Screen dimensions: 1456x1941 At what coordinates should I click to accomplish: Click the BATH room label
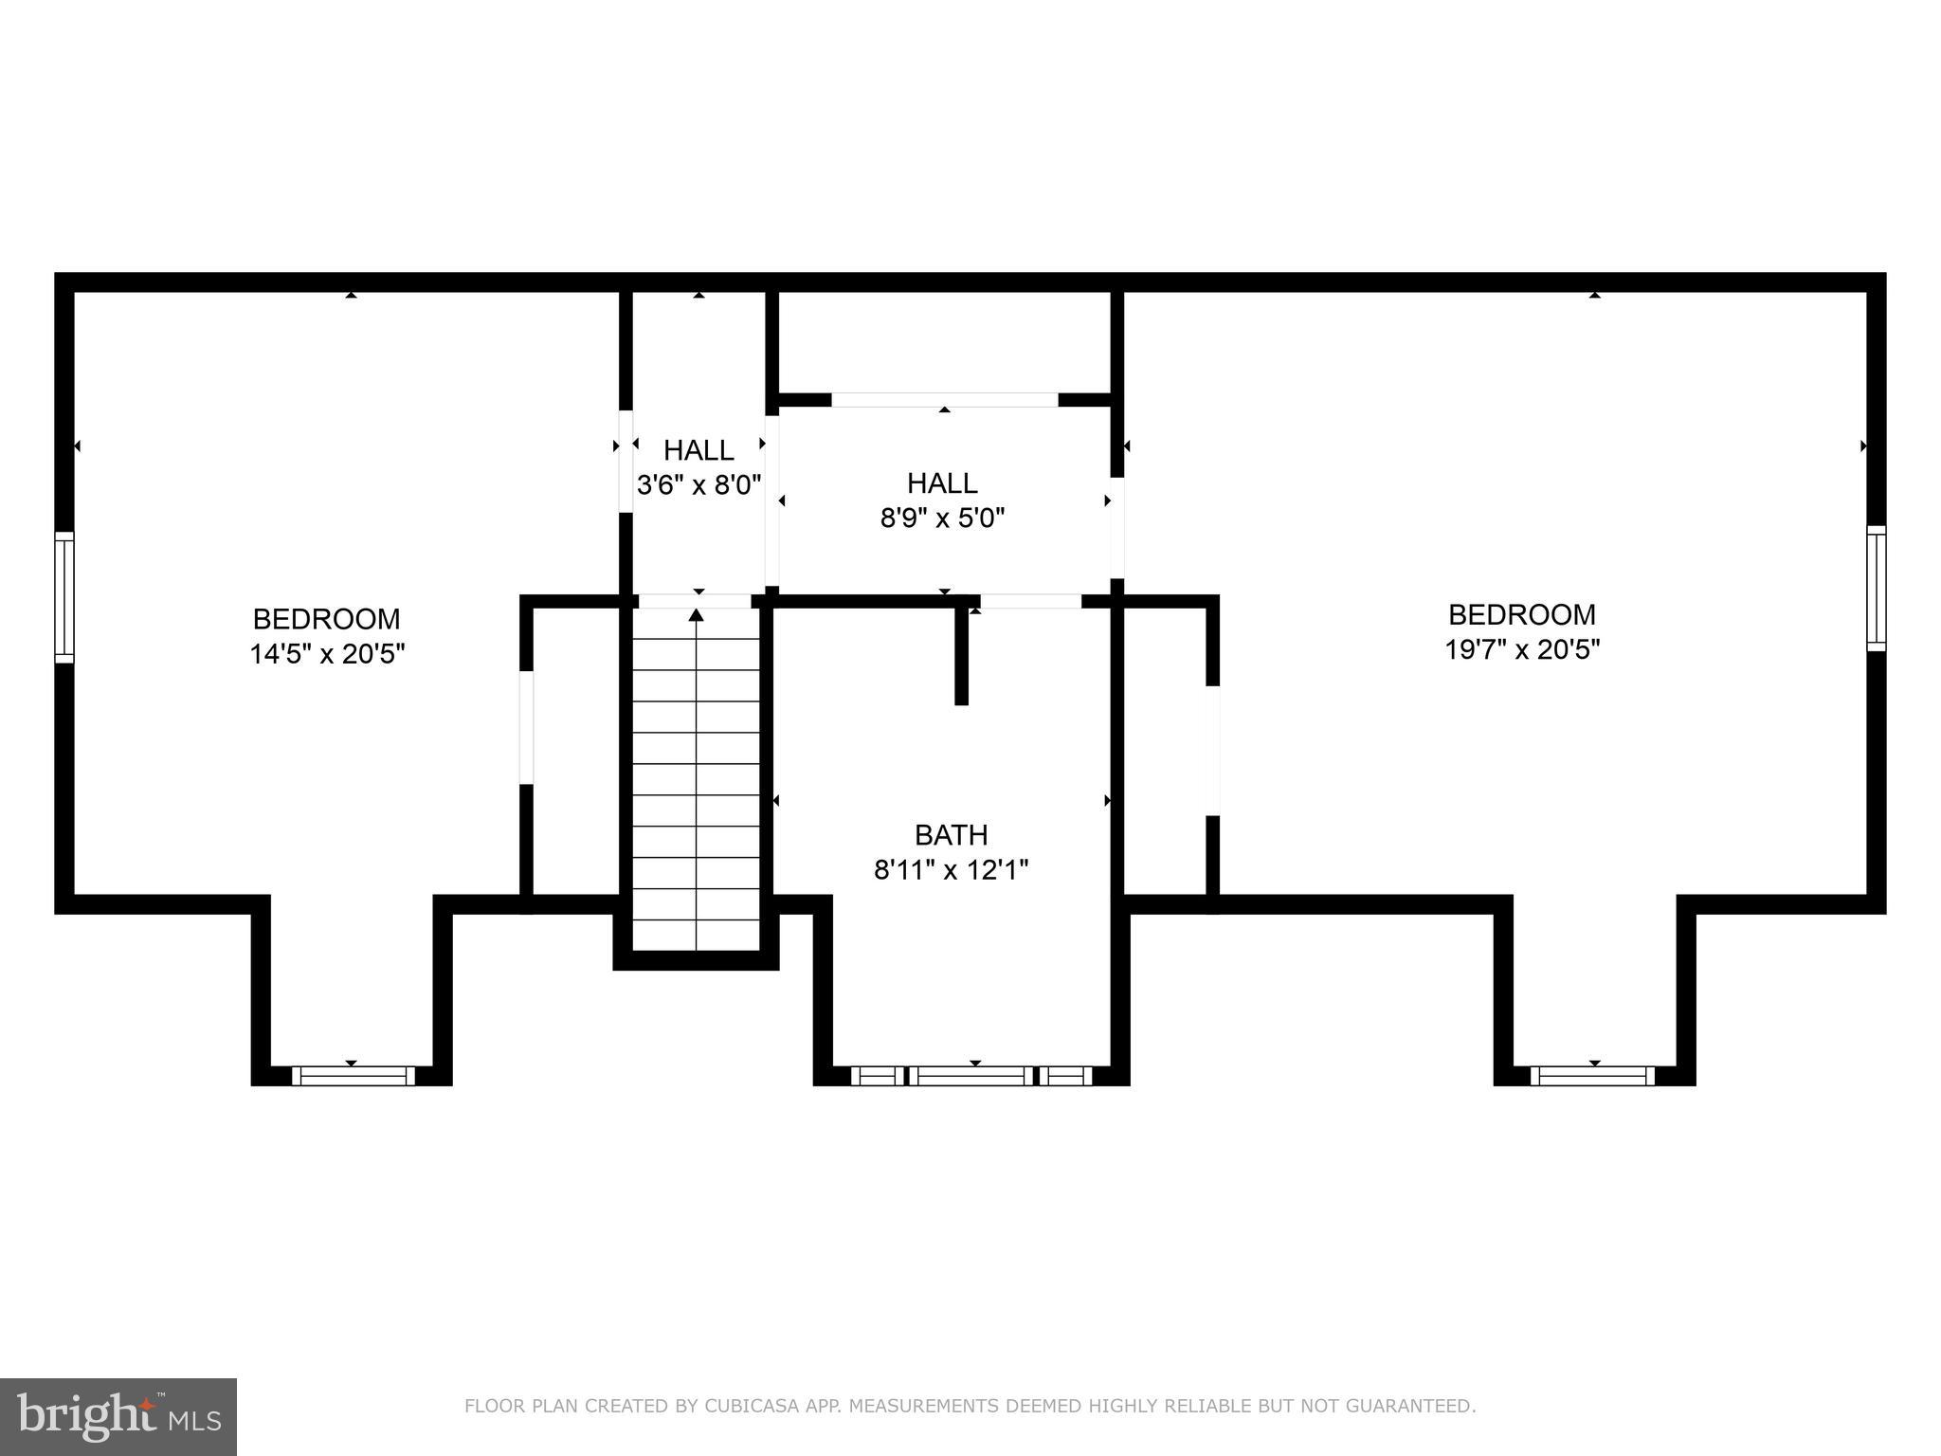951,835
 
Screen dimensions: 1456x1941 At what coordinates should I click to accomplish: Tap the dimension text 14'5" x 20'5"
327,654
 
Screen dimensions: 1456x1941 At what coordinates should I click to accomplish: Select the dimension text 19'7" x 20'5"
1522,650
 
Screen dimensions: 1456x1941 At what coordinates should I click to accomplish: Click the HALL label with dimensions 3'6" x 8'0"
698,449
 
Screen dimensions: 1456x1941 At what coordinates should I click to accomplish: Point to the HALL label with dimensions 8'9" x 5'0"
942,483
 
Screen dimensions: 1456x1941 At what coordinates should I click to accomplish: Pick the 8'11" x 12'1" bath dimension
951,869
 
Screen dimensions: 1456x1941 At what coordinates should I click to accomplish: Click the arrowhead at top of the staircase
697,615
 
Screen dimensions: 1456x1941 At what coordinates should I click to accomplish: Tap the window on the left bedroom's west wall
63,596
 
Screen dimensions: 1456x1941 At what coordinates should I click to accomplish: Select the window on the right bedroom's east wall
1876,588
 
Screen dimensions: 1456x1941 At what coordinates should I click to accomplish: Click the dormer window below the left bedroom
353,1075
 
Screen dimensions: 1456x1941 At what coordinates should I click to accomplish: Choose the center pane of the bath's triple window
972,1075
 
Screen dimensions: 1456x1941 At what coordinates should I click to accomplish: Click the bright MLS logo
118,1416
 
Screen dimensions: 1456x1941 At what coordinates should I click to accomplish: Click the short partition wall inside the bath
961,654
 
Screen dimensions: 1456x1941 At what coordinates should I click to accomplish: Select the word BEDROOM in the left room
327,619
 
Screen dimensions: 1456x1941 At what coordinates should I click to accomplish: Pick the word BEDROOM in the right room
1522,615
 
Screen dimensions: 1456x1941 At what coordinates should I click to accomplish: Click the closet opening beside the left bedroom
526,727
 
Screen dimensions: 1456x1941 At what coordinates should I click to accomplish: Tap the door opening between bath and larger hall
1030,601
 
